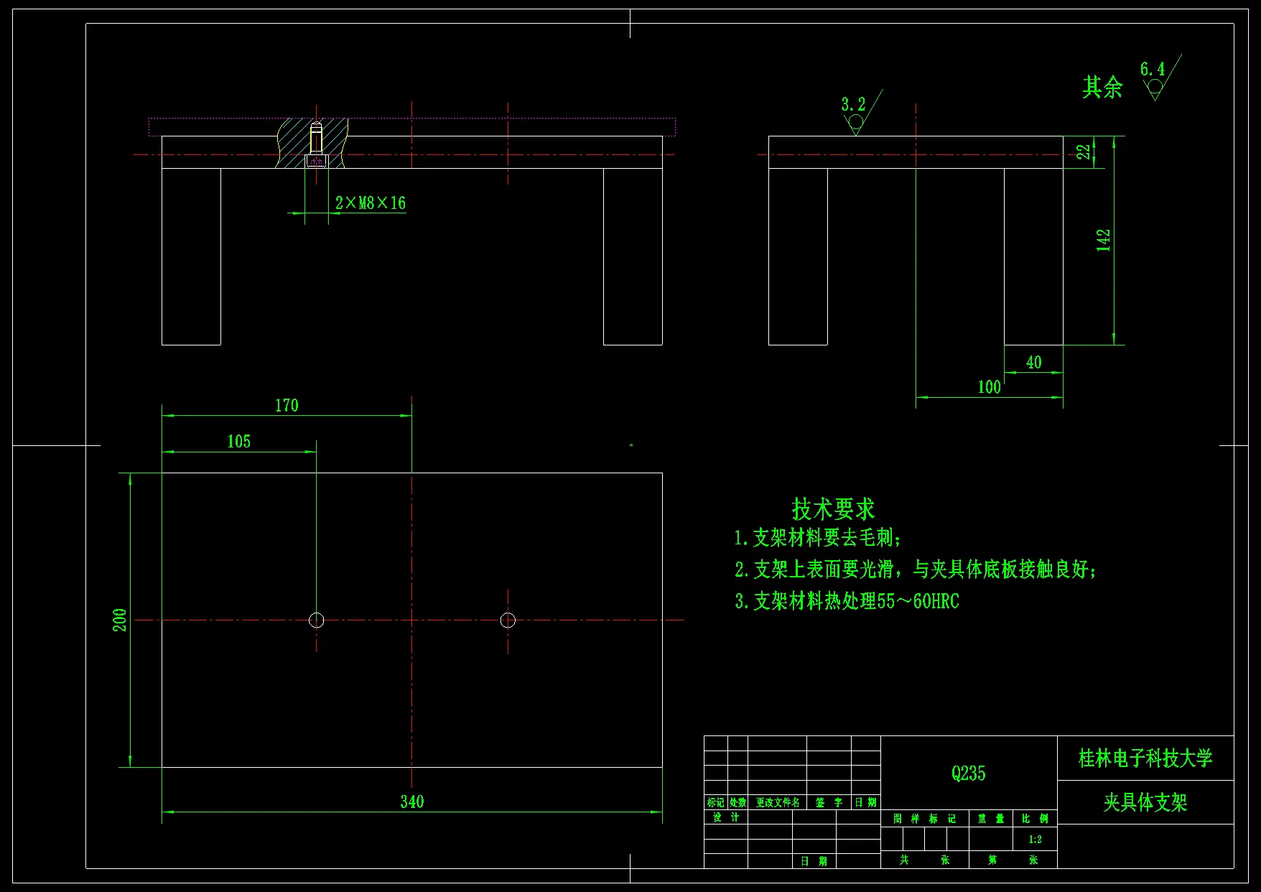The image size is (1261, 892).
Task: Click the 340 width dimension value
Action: click(x=411, y=802)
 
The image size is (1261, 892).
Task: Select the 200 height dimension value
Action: click(x=120, y=620)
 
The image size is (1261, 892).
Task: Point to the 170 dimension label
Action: click(x=287, y=406)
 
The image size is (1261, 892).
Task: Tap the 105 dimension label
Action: click(x=239, y=442)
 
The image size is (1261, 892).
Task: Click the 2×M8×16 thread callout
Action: click(x=370, y=203)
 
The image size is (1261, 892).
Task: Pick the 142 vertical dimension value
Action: click(x=1104, y=240)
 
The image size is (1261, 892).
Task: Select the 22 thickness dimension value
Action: click(x=1083, y=152)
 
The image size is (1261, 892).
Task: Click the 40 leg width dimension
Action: click(x=1033, y=363)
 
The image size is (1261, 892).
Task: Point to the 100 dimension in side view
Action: click(x=989, y=387)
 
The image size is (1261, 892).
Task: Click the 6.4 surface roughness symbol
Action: click(x=1155, y=79)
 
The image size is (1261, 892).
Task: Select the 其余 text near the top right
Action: click(x=1102, y=88)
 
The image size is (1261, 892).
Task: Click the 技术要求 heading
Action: click(x=833, y=509)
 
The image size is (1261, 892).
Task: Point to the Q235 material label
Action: click(x=968, y=773)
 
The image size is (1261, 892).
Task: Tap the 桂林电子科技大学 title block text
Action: click(x=1145, y=758)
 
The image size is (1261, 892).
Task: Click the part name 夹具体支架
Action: click(x=1145, y=802)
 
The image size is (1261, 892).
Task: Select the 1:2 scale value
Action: click(x=1035, y=840)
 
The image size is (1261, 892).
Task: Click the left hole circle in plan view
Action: click(x=316, y=620)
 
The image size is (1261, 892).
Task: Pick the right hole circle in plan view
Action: click(x=508, y=620)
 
